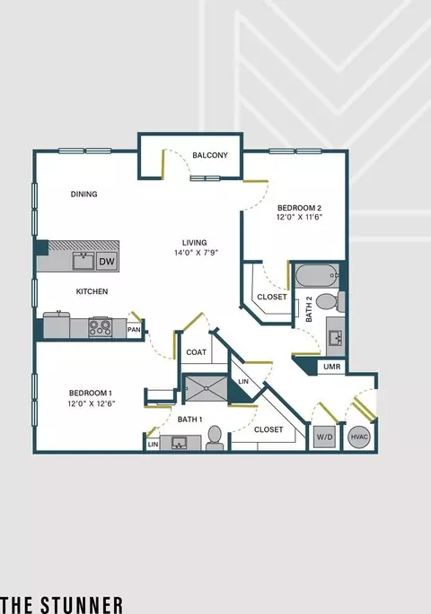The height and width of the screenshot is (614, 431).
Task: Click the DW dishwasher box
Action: [106, 261]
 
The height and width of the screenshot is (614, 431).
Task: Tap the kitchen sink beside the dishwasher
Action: [84, 261]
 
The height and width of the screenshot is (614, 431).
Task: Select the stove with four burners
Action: [100, 327]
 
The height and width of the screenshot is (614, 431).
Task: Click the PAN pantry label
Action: [134, 329]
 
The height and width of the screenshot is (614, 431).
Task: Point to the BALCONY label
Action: [210, 155]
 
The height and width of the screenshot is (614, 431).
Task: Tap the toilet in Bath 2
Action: [330, 301]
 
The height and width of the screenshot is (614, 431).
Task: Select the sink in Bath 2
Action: [335, 336]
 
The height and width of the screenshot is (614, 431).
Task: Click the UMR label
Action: [331, 367]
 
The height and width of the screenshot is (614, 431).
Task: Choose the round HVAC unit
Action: [359, 437]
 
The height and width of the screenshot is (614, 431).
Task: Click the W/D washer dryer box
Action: [324, 437]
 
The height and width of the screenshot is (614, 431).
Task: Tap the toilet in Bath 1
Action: [214, 438]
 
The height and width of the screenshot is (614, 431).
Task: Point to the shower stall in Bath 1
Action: [206, 388]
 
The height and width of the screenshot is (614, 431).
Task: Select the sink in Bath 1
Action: [179, 443]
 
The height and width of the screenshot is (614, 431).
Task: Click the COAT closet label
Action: [196, 352]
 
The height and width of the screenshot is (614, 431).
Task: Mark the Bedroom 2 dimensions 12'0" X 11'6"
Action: [299, 217]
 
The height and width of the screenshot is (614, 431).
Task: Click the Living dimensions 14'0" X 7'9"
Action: [196, 253]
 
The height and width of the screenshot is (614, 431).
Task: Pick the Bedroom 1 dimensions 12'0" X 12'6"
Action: [91, 403]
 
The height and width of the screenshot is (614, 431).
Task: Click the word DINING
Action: [84, 194]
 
